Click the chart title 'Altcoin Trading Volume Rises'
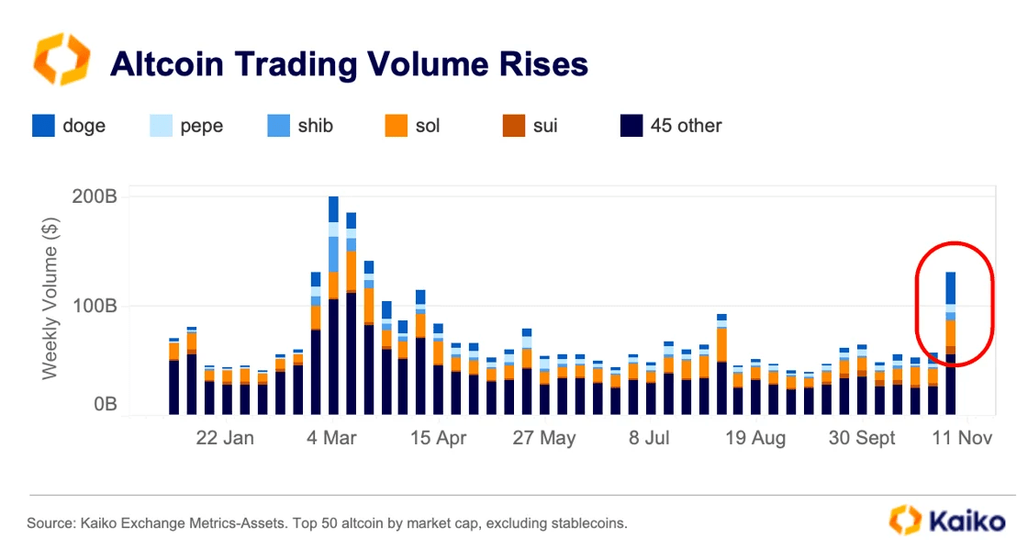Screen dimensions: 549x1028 [x=349, y=64]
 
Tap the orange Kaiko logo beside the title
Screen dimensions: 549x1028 [x=61, y=60]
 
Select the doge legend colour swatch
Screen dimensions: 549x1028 [x=43, y=126]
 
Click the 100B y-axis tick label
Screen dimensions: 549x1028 [x=97, y=305]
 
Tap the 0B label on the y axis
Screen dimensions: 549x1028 [x=105, y=405]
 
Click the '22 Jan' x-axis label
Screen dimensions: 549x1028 [x=225, y=439]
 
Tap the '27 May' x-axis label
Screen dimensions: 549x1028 [x=544, y=439]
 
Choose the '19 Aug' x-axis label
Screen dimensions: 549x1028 [x=755, y=439]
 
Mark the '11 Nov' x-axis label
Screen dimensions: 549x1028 [x=962, y=439]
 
